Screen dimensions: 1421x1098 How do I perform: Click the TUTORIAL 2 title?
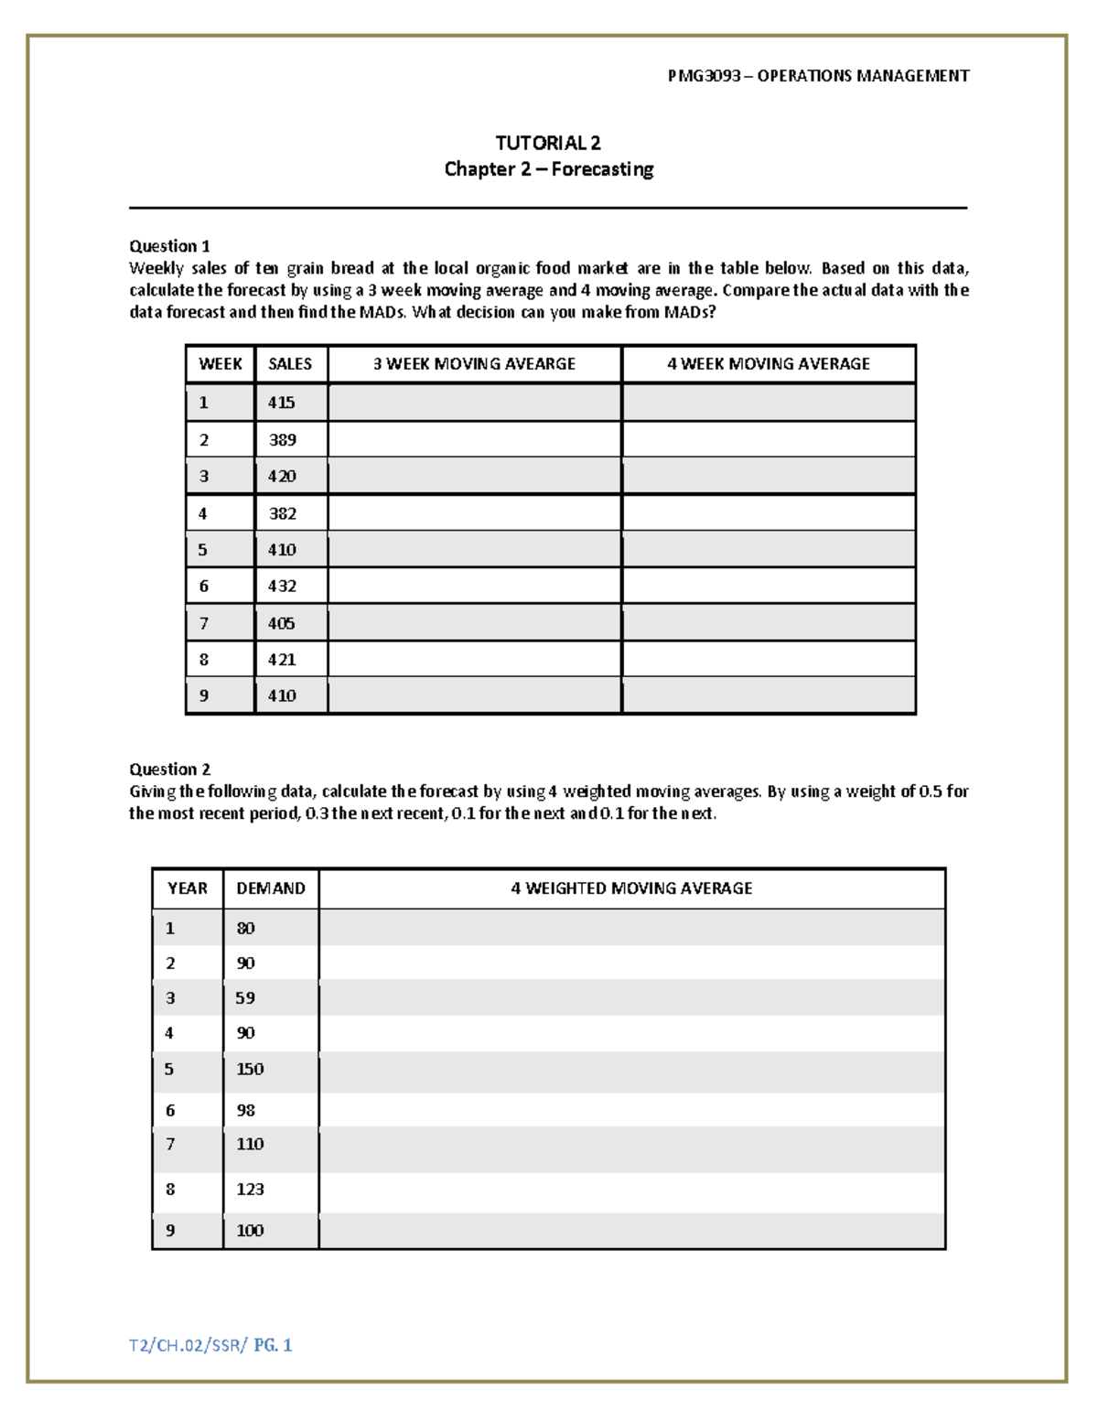(x=548, y=143)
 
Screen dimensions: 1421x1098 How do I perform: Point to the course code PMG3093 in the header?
(x=704, y=76)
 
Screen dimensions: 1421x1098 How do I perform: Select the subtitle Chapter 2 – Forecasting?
(x=548, y=169)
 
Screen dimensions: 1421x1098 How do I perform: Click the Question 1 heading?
(x=169, y=246)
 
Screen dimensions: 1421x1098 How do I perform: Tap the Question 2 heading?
(x=169, y=770)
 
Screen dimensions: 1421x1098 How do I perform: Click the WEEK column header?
(x=220, y=364)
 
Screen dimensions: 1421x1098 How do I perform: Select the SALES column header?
(x=290, y=364)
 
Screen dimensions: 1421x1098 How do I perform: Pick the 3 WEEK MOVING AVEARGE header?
(x=474, y=364)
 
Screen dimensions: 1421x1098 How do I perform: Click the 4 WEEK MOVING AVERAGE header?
(x=769, y=364)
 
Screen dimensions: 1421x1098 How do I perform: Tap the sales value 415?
(x=281, y=403)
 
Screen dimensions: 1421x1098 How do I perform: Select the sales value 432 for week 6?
(x=282, y=586)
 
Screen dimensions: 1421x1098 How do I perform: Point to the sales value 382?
(x=282, y=513)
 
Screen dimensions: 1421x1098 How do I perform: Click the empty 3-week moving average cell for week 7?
(x=474, y=623)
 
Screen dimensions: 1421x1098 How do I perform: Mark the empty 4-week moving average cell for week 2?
(x=769, y=440)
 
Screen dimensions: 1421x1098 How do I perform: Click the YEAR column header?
(x=188, y=888)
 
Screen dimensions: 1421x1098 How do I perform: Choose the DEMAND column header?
(x=271, y=888)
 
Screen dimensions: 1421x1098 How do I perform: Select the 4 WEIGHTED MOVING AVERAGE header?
(x=631, y=888)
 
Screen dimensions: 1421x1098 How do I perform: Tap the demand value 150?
(x=250, y=1070)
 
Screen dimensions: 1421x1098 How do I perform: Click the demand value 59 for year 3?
(x=245, y=998)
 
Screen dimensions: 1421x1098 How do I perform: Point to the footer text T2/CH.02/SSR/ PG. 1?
(x=210, y=1345)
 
